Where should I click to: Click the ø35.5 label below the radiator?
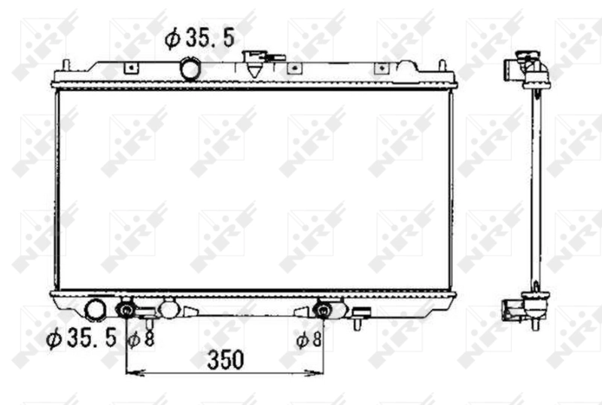pyautogui.click(x=81, y=340)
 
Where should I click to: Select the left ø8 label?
pyautogui.click(x=141, y=340)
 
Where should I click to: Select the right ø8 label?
pyautogui.click(x=309, y=340)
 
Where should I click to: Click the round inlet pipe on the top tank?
pyautogui.click(x=190, y=69)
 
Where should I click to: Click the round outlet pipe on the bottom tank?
pyautogui.click(x=96, y=309)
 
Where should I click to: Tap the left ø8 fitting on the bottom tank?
pyautogui.click(x=127, y=310)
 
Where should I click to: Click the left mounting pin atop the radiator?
pyautogui.click(x=67, y=65)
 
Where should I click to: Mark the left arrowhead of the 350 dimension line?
pyautogui.click(x=129, y=371)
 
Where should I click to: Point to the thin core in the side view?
pyautogui.click(x=536, y=188)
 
